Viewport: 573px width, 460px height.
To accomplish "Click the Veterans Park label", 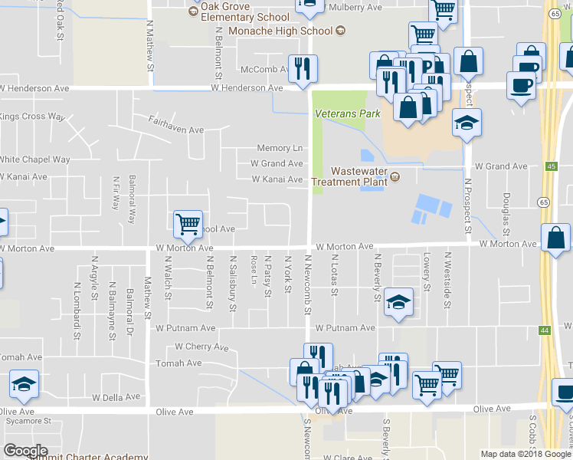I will click(347, 113).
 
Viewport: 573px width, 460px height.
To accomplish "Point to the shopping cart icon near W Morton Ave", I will click(188, 224).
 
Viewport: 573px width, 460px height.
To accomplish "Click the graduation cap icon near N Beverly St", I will click(398, 302).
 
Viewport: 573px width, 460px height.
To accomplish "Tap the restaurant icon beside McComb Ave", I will click(303, 69).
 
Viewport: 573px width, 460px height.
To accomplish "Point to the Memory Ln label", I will click(280, 148).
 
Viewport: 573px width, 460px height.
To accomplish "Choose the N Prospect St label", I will click(467, 205).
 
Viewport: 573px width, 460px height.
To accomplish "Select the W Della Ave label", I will click(116, 397).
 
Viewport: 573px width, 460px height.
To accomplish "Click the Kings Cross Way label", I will click(31, 117).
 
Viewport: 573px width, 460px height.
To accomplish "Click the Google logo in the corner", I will click(25, 451).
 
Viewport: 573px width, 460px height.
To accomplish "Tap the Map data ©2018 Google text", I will click(526, 454).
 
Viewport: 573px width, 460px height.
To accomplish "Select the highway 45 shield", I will click(552, 166).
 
